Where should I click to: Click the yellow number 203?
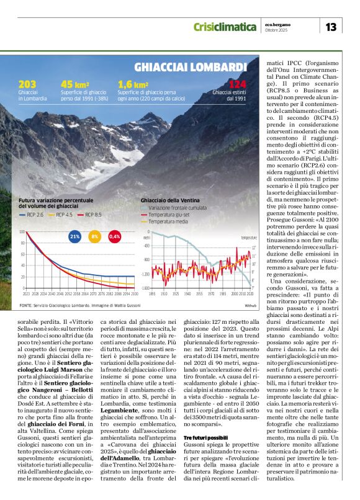click(27, 84)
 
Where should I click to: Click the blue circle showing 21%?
click(75, 237)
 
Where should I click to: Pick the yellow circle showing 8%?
click(95, 237)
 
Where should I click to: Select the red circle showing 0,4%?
click(115, 237)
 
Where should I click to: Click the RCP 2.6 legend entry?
click(35, 214)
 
